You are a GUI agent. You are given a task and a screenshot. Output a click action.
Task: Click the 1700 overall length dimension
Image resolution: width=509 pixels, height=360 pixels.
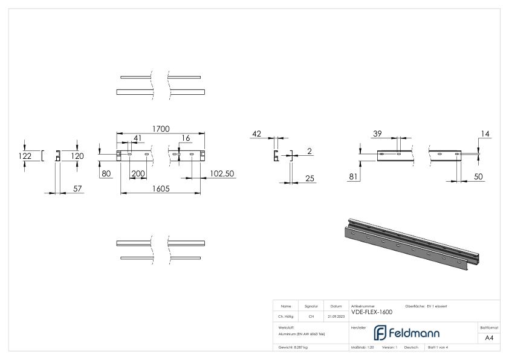click(x=160, y=129)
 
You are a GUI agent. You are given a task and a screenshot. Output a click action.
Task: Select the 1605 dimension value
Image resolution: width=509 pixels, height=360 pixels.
click(x=160, y=188)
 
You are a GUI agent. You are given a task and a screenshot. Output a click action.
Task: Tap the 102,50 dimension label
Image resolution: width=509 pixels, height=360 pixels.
click(x=222, y=173)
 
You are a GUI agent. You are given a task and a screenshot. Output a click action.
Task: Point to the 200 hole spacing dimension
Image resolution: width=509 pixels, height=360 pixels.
click(x=138, y=173)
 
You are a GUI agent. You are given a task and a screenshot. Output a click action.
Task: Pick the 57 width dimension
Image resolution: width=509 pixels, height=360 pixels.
click(x=77, y=189)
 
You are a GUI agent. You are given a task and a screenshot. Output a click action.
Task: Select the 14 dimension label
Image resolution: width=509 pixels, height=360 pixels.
click(x=486, y=133)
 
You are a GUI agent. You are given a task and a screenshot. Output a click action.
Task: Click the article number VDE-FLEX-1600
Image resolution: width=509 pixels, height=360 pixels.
click(x=372, y=312)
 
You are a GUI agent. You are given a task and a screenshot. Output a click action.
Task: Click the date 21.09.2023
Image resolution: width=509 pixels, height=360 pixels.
click(x=336, y=316)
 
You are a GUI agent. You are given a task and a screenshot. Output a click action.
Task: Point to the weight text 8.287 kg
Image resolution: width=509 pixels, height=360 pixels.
click(x=293, y=347)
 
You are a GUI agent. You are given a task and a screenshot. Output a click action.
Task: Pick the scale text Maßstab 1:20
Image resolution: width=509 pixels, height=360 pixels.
click(x=363, y=347)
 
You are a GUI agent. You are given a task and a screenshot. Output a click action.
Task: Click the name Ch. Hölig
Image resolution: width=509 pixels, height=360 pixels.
click(x=286, y=316)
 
